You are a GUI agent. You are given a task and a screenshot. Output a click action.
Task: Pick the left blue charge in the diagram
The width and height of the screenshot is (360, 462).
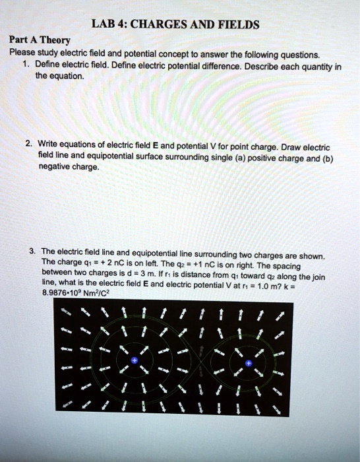[135, 361]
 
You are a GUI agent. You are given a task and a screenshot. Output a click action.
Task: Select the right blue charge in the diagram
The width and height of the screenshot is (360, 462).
[248, 362]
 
